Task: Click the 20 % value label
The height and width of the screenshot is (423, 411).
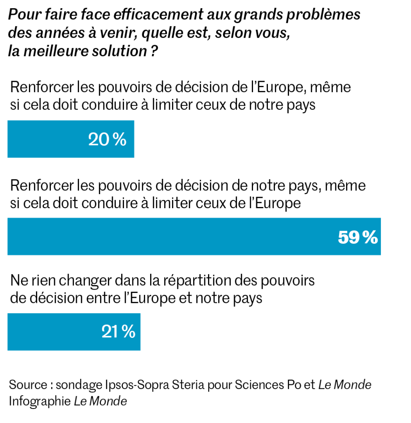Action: pyautogui.click(x=107, y=140)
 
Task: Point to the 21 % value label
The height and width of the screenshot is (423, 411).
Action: pyautogui.click(x=118, y=332)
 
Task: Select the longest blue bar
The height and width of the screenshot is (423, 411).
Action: pyautogui.click(x=194, y=236)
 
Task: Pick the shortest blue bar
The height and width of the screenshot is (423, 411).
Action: pyautogui.click(x=71, y=139)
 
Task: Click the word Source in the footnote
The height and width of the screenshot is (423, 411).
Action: pyautogui.click(x=27, y=385)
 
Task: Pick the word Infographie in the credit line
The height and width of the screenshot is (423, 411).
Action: pyautogui.click(x=40, y=401)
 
